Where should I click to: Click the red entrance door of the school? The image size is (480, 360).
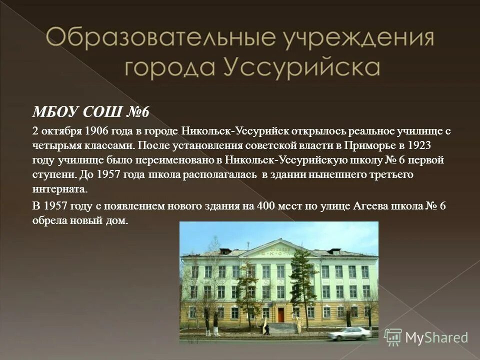pos(281,314)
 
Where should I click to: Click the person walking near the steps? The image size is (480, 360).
pos(267,329)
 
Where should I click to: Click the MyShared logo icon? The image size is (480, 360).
pos(393,337)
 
